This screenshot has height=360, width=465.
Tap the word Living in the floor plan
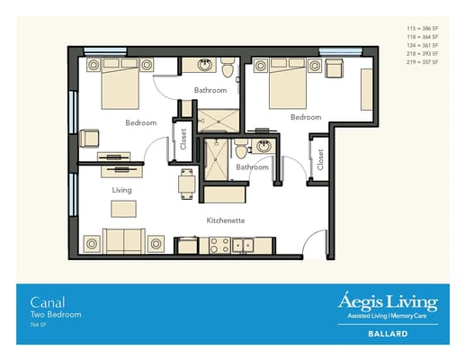(x=121, y=190)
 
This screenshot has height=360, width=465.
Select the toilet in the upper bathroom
(x=228, y=67)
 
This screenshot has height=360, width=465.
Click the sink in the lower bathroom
(x=264, y=147)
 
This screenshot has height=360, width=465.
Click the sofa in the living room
(x=123, y=242)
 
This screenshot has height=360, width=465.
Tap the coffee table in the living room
(x=124, y=209)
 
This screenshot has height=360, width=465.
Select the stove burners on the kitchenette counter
(x=219, y=243)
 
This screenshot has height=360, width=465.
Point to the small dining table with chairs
(x=187, y=184)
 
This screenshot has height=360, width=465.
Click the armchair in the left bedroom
(x=89, y=138)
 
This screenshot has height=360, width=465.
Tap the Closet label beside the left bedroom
(x=183, y=138)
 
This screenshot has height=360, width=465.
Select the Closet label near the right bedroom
(x=321, y=158)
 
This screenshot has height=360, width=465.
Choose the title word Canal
(x=44, y=301)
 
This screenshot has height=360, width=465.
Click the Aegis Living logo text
(x=388, y=301)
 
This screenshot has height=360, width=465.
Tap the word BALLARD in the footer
(x=388, y=334)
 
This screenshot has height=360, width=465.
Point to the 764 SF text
(x=38, y=325)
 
